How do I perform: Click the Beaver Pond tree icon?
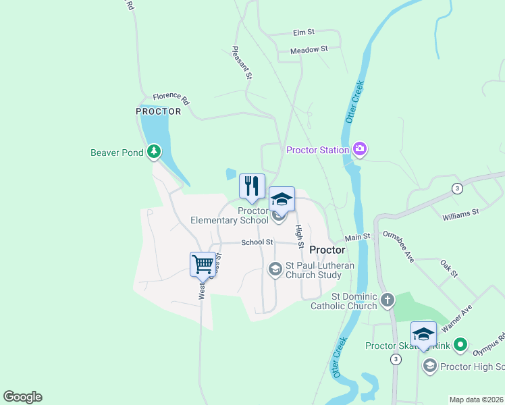155,152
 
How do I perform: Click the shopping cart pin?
203,264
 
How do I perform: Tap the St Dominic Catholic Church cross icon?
387,300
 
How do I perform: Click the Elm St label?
304,32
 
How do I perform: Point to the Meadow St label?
309,50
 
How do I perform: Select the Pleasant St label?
242,63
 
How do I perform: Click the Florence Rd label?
171,100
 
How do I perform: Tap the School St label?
257,242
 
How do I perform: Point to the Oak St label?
448,269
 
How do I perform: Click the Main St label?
358,238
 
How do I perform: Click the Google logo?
22,397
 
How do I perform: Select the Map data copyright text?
476,400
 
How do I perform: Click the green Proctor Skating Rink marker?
460,346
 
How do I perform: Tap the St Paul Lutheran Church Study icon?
275,269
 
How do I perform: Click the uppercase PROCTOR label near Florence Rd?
159,111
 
